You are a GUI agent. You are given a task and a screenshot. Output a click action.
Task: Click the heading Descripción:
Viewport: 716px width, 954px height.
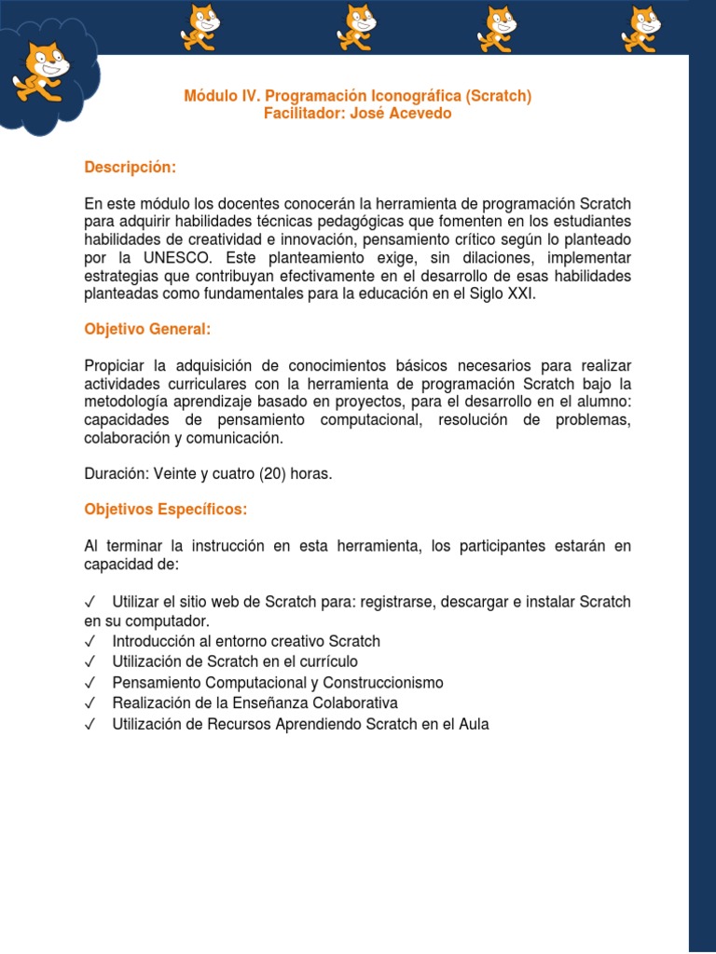(x=130, y=167)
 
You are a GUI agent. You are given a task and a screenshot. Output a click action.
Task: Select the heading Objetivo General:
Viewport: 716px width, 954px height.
(x=147, y=329)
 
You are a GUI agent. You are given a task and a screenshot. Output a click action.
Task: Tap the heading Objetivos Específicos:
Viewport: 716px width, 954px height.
(x=166, y=510)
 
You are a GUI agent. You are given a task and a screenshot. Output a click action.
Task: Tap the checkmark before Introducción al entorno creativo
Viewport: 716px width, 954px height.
(x=90, y=642)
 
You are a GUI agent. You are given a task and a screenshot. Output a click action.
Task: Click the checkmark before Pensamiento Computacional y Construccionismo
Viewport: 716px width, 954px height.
(x=90, y=683)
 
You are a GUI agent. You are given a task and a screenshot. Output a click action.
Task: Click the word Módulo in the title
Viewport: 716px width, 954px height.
(x=208, y=96)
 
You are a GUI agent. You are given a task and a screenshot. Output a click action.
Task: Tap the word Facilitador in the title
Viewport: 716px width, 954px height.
(x=303, y=114)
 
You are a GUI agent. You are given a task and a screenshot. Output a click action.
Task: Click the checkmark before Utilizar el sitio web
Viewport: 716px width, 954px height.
(x=90, y=602)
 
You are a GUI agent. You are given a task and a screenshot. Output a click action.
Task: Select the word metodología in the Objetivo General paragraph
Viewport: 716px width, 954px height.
(x=127, y=402)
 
